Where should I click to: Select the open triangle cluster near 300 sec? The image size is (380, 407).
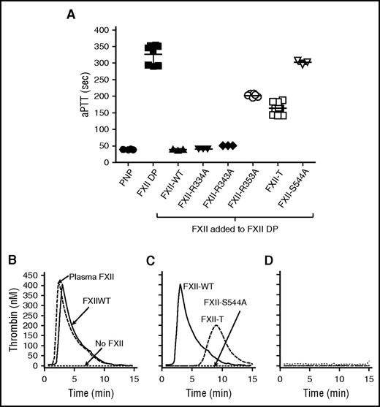pos(301,62)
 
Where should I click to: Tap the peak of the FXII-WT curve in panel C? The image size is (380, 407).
pos(180,284)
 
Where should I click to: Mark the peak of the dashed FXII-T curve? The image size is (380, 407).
pos(215,326)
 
